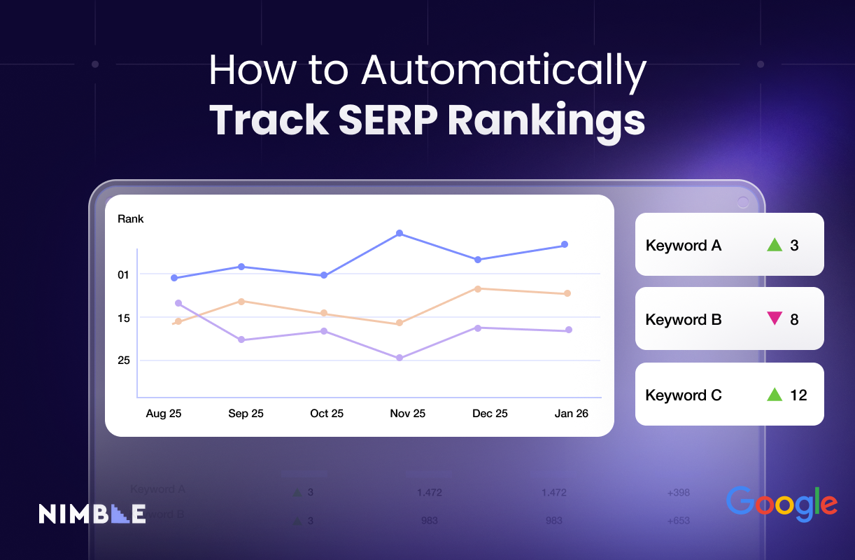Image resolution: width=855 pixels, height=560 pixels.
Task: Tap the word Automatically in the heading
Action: (503, 71)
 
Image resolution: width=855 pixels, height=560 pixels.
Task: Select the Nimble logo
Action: (92, 513)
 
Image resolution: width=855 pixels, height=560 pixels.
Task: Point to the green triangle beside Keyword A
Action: (774, 245)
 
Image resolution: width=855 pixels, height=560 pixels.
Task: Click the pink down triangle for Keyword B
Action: (774, 319)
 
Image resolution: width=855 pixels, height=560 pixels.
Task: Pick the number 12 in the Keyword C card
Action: (798, 395)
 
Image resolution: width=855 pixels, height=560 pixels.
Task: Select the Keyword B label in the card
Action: (684, 320)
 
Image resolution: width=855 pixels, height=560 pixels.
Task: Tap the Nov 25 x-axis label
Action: (407, 414)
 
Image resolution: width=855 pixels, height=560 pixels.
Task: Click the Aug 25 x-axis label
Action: (164, 414)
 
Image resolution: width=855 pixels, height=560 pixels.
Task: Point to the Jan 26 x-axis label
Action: (571, 414)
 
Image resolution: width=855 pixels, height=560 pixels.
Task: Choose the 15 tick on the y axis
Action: (124, 318)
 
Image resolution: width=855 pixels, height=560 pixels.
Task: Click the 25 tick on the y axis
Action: (124, 360)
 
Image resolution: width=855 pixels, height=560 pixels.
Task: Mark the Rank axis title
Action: (131, 219)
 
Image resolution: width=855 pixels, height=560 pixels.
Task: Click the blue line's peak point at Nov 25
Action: (400, 233)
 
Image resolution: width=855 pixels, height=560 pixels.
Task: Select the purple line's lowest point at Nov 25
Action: (400, 358)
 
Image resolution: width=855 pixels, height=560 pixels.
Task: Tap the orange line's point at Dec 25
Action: (477, 288)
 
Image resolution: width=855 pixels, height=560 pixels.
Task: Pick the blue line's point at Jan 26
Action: (565, 244)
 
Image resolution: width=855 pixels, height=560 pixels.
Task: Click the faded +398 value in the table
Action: (678, 493)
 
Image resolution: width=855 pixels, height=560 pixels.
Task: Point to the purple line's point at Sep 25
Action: (241, 339)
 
